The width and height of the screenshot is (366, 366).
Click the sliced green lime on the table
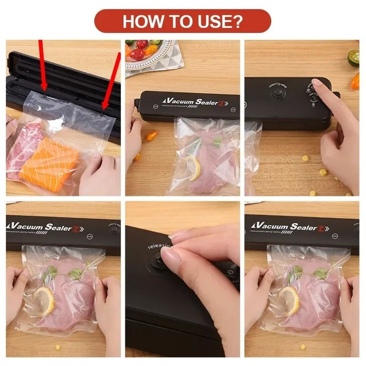[354, 58]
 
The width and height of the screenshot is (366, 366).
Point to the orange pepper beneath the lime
[355, 81]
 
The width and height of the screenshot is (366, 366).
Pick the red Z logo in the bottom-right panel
[322, 228]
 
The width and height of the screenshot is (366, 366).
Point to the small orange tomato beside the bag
[151, 136]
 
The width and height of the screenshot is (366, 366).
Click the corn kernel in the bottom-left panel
[57, 347]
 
